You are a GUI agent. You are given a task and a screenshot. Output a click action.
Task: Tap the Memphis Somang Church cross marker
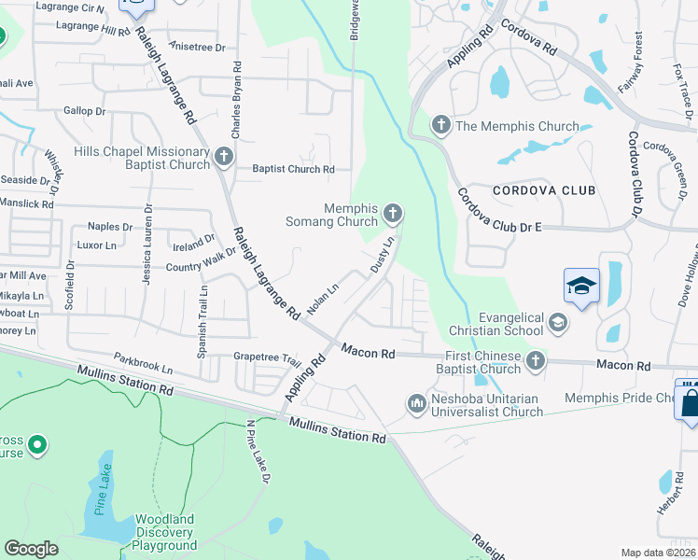[x=393, y=216]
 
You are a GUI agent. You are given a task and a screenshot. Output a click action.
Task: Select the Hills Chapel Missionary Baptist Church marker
[x=223, y=158]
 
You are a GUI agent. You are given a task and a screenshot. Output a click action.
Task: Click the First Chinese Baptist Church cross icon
[x=535, y=360]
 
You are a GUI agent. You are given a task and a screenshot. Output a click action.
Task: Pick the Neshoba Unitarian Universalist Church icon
[x=416, y=403]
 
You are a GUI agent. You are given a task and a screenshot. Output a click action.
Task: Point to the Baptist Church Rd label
[x=293, y=169]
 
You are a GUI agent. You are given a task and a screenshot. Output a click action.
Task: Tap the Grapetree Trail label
[x=267, y=357]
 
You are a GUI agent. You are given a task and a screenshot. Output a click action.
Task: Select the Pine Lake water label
[x=103, y=489]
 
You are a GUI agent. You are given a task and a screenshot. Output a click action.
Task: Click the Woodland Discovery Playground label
[x=164, y=532]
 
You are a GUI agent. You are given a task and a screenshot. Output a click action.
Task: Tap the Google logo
[x=31, y=549]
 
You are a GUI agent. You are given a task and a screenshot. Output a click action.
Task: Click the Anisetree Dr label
[x=196, y=45]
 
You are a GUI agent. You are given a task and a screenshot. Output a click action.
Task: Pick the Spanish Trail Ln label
[x=203, y=309]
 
